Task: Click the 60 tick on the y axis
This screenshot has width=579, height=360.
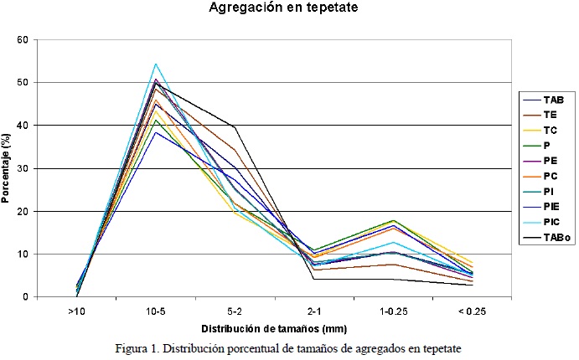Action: (x=23, y=40)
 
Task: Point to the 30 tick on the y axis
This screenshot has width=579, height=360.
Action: (x=23, y=168)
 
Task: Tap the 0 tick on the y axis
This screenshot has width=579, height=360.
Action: (x=25, y=296)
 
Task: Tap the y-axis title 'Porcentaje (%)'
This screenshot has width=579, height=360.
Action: (x=8, y=167)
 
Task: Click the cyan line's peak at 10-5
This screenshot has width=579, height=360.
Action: (x=156, y=64)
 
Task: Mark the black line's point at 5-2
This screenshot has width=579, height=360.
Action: (x=235, y=126)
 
